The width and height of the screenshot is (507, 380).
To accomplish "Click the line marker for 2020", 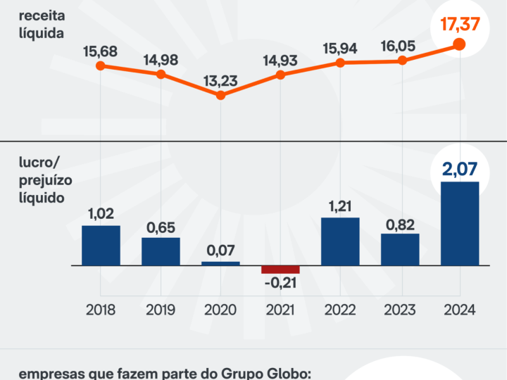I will pos(220,94).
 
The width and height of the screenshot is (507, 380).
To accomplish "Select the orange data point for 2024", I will pos(459,44).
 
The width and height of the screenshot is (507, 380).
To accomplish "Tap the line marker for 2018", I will pos(101,66).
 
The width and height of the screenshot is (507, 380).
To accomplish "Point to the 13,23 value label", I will pos(220,79).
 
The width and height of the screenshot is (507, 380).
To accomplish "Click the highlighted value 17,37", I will pos(459,25).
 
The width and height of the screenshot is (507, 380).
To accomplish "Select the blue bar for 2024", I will pos(459,224).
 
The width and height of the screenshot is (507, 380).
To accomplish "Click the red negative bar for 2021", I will pos(280,270).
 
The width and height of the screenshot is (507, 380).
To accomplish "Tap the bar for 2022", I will pos(340,241).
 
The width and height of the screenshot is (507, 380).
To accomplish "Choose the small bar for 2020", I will pos(220,263).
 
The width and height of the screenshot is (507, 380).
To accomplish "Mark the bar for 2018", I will pos(101,246).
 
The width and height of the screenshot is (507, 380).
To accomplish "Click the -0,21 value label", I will pos(280,285).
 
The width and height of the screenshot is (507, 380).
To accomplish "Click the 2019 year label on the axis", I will pos(161,310).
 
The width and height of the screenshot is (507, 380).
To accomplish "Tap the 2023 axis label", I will pos(400,310).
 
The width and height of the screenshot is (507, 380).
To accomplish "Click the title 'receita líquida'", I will pos(42,23).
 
